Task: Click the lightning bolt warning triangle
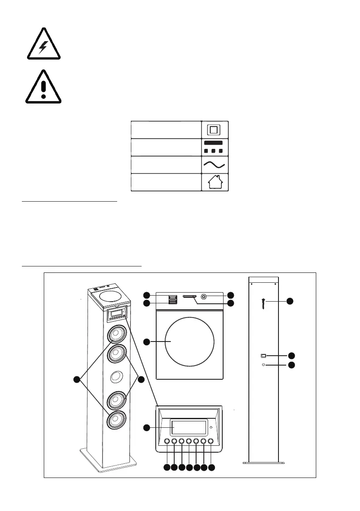click(42, 45)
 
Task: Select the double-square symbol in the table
click(215, 129)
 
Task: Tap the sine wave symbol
click(215, 164)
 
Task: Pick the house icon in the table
click(215, 182)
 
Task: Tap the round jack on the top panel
click(203, 296)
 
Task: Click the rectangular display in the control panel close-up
click(188, 428)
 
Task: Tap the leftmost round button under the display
click(167, 441)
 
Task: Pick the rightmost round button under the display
click(211, 441)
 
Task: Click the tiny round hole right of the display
click(211, 428)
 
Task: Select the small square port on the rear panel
click(263, 356)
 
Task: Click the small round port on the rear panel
click(263, 365)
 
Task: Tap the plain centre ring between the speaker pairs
click(116, 377)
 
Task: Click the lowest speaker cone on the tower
click(116, 420)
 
